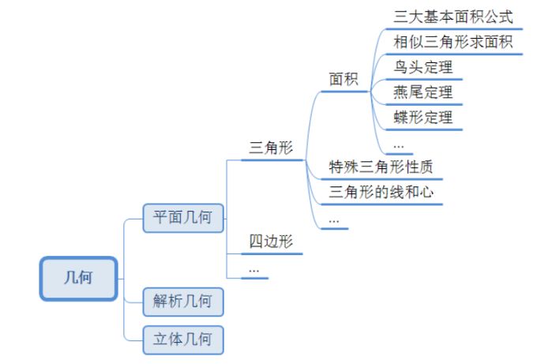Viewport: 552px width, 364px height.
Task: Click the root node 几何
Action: click(79, 279)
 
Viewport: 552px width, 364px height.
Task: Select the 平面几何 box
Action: click(182, 217)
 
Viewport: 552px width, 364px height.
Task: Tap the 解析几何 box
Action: click(182, 301)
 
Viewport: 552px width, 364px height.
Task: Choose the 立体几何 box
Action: click(182, 340)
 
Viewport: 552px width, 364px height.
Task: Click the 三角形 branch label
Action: click(271, 148)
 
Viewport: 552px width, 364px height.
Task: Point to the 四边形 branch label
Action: click(271, 242)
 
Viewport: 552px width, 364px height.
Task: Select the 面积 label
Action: click(344, 79)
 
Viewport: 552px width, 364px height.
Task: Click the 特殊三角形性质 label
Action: click(381, 167)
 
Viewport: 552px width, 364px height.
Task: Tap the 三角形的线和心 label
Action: click(381, 192)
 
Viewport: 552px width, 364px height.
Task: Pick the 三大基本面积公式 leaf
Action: click(452, 16)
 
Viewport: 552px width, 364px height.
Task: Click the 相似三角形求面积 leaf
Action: click(452, 42)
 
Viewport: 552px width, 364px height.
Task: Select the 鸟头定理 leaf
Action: click(423, 67)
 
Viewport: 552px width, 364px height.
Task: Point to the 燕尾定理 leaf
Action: click(423, 92)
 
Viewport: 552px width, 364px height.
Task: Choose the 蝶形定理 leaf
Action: click(423, 118)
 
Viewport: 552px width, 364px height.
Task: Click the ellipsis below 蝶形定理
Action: click(398, 145)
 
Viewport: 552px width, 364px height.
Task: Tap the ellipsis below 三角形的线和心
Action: click(333, 220)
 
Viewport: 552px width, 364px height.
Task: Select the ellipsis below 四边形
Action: click(253, 268)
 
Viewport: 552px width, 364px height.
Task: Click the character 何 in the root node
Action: click(87, 279)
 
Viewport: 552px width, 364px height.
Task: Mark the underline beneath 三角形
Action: click(272, 160)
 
